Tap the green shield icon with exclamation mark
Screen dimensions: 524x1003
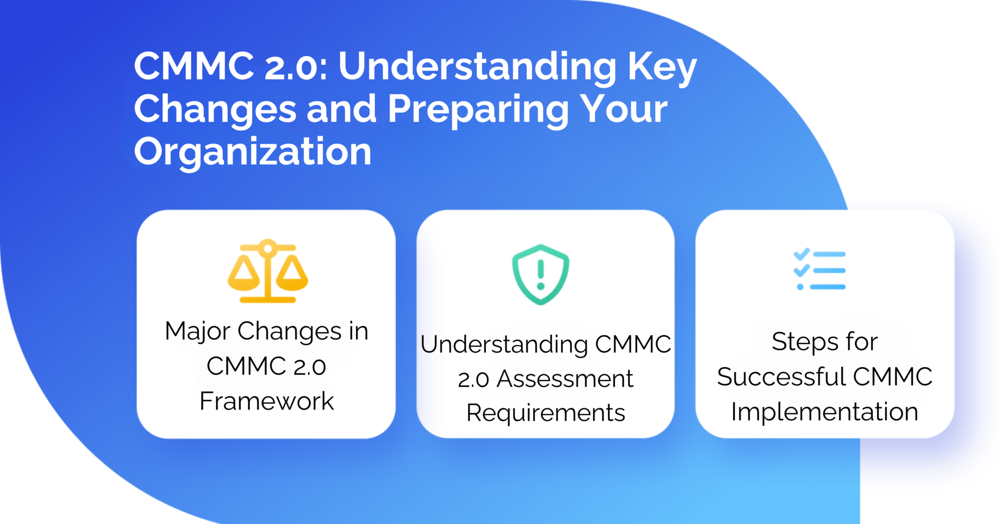(x=540, y=274)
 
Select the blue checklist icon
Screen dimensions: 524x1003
(x=819, y=270)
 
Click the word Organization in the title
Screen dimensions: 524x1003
(x=253, y=152)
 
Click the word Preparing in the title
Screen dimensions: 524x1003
(x=478, y=109)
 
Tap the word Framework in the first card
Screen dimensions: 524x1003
(x=266, y=401)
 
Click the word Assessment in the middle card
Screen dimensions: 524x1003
(x=565, y=379)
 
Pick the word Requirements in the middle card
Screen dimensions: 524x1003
(x=546, y=413)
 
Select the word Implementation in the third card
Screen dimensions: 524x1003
(x=824, y=412)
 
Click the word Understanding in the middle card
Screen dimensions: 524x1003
(x=504, y=344)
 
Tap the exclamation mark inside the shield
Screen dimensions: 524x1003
(x=540, y=275)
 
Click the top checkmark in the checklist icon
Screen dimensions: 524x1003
(x=801, y=254)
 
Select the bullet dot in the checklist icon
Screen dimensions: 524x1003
(x=800, y=287)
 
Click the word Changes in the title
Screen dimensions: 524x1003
(x=215, y=109)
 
